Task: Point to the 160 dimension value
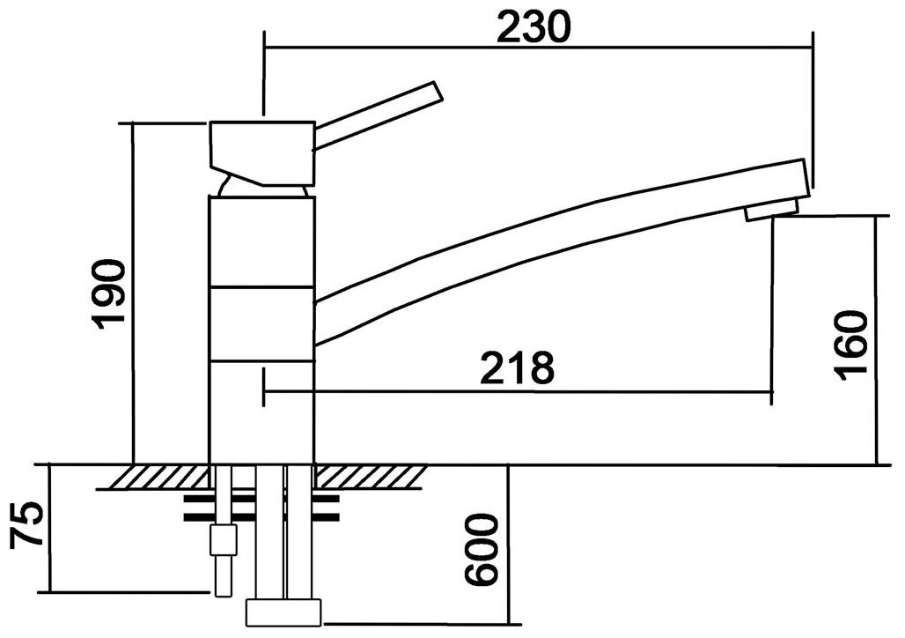pos(852,344)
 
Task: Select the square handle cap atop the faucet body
pos(262,146)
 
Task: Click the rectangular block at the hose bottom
pos(283,612)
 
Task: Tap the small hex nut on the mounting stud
pos(224,538)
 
